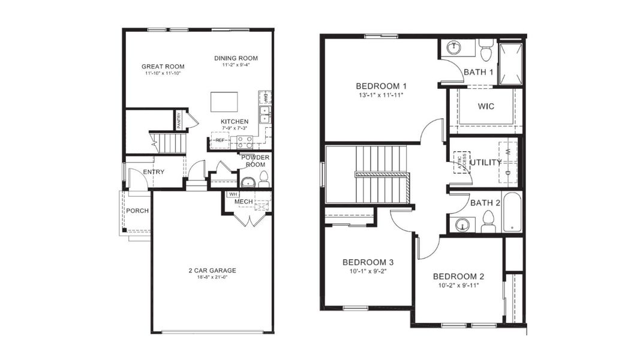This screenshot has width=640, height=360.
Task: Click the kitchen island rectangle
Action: click(224, 101)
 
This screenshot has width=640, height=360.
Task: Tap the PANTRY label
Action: click(179, 121)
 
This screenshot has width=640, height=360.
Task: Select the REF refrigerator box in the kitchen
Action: click(220, 140)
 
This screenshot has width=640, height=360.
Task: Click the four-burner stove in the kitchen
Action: click(245, 142)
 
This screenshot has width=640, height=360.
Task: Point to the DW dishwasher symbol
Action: click(265, 97)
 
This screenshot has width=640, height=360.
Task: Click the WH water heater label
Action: click(232, 194)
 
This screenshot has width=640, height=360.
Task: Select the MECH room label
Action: click(243, 202)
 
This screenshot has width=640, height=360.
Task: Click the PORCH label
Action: click(137, 211)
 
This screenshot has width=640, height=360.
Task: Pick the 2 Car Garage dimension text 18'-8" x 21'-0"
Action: click(212, 278)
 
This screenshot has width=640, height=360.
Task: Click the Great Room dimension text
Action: click(163, 73)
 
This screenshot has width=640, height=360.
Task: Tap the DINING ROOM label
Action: click(236, 58)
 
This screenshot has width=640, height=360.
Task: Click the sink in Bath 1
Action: click(454, 47)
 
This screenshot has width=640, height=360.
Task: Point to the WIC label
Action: click(486, 106)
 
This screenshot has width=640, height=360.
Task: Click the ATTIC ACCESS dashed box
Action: click(461, 162)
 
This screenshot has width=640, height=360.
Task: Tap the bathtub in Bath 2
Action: click(512, 212)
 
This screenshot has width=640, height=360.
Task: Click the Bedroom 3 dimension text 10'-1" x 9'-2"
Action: click(368, 271)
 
